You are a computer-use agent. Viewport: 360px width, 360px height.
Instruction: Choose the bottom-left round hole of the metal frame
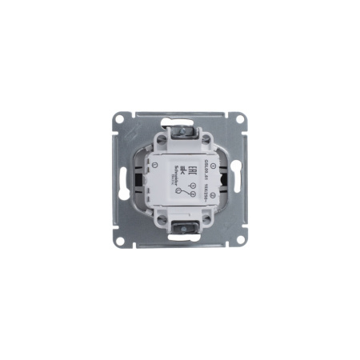pyautogui.click(x=120, y=238)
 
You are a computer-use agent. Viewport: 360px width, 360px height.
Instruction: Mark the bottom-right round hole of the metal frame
pyautogui.click(x=238, y=238)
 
